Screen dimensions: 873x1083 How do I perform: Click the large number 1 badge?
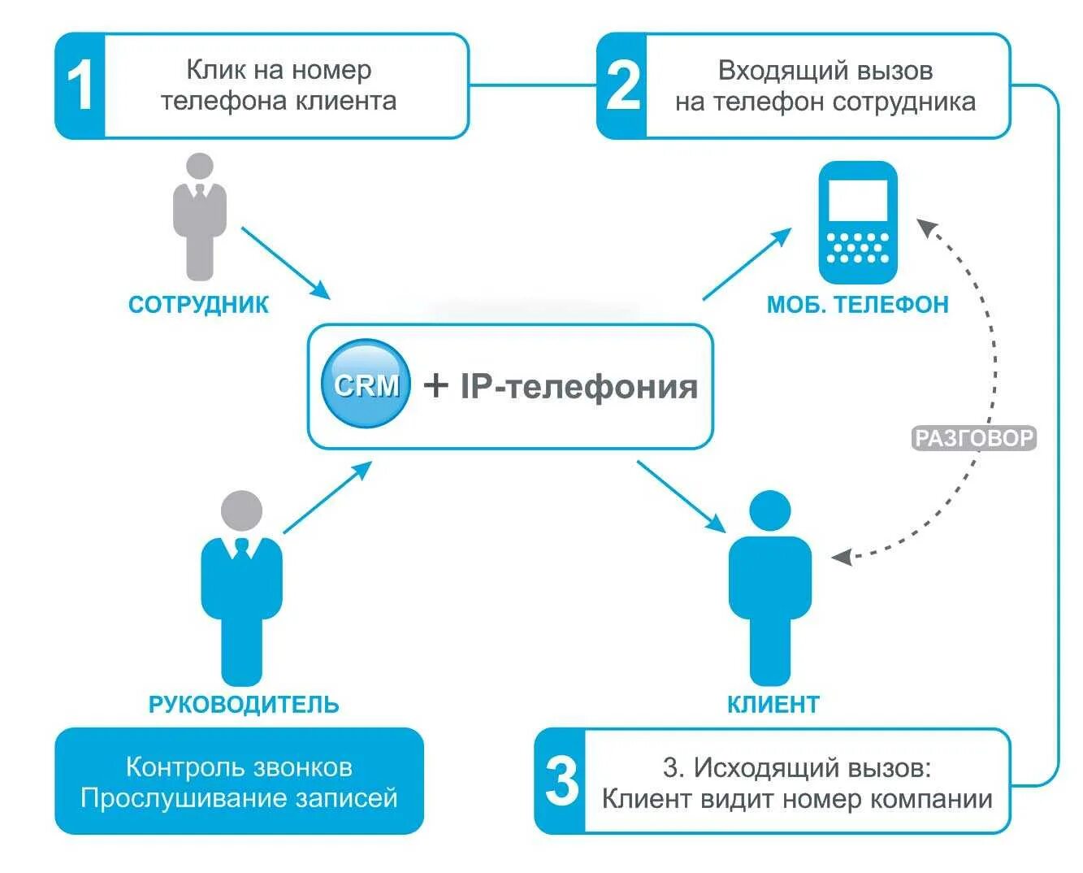tap(80, 86)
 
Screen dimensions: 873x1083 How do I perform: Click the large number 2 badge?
tap(622, 86)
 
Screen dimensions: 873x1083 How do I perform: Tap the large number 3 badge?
tap(561, 781)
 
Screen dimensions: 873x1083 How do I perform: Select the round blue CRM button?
tap(366, 384)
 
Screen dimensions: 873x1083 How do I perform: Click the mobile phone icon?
tap(857, 222)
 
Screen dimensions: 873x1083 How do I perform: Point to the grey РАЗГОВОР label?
tap(973, 438)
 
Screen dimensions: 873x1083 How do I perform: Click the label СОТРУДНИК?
tap(198, 305)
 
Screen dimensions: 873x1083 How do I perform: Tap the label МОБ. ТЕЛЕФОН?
tap(857, 305)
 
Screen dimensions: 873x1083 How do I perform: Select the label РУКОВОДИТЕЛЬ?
tap(244, 704)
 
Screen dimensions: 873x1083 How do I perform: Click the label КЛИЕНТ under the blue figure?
tap(773, 704)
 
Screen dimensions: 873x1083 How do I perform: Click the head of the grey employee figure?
tap(199, 167)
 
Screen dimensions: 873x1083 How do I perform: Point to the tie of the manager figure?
tap(242, 549)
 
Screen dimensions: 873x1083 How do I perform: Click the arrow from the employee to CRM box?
tap(286, 263)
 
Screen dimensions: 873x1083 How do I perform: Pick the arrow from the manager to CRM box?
tap(327, 497)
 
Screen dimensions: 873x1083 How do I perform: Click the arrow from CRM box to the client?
tap(681, 496)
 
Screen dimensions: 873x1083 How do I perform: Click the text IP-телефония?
tap(578, 385)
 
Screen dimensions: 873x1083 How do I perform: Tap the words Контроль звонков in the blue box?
tap(239, 767)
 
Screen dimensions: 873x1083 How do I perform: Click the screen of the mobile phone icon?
tap(857, 200)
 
